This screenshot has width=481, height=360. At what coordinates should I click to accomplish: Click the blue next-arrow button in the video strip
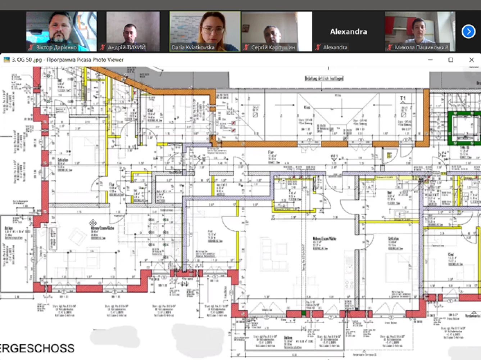[468, 32]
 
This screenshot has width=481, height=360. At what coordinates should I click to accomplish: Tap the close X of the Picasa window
[471, 60]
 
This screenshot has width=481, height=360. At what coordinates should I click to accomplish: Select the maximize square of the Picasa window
[451, 60]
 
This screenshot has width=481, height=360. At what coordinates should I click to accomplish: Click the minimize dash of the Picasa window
[430, 60]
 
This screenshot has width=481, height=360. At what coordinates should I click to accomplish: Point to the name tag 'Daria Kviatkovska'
[193, 47]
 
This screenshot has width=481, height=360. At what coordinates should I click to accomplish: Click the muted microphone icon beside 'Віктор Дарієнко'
[31, 47]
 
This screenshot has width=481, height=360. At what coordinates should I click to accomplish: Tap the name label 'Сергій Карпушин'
[273, 47]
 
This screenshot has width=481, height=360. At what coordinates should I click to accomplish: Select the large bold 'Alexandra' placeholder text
[348, 32]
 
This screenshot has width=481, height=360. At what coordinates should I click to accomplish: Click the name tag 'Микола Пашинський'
[421, 47]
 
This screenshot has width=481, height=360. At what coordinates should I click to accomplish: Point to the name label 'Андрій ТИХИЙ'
[127, 47]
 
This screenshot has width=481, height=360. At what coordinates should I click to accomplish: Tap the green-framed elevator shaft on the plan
[464, 128]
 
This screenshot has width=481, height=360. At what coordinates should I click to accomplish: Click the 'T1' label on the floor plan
[403, 98]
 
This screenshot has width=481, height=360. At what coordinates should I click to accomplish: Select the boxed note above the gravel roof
[324, 78]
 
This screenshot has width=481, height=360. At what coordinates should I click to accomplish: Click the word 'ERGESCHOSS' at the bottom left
[37, 348]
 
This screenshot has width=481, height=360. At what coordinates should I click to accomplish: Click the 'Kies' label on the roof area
[307, 107]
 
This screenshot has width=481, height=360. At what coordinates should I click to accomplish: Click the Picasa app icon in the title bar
[6, 60]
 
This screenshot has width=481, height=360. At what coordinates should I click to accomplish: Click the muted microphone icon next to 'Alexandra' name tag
[318, 47]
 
